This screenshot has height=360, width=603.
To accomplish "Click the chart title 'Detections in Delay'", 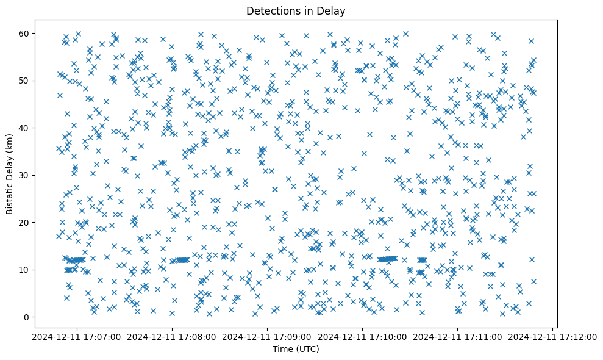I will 295,10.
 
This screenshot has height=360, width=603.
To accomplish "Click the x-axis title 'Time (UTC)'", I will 295,350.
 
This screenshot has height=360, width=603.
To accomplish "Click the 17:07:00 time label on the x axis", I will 77,336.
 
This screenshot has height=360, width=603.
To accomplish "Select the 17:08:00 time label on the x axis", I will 172,336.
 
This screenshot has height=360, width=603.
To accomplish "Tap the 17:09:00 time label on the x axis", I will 267,336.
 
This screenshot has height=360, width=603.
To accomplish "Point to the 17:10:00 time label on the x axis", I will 363,336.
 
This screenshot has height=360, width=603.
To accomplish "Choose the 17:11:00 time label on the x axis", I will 458,336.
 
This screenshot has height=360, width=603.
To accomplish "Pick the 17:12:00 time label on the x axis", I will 553,336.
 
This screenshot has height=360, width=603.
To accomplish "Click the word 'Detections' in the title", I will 271,10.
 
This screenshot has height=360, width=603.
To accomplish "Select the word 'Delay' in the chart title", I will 332,10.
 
